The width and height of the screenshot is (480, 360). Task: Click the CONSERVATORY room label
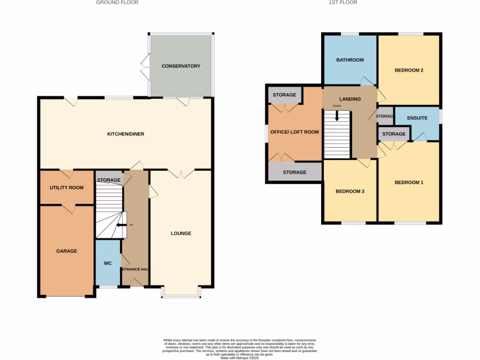point(181,66)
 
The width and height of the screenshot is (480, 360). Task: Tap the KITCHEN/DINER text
point(126,134)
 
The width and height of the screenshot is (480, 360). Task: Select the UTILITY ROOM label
point(67,188)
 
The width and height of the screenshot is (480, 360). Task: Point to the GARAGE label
point(67,251)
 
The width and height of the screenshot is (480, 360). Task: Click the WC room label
point(108,263)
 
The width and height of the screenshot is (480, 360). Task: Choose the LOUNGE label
point(181,233)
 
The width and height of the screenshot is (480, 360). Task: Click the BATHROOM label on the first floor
point(350,60)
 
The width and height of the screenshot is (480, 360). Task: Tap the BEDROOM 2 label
point(409,70)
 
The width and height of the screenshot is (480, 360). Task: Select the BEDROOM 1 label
point(409,182)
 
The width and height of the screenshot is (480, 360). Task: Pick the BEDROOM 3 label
point(350,192)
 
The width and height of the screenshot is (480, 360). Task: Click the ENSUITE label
point(417,118)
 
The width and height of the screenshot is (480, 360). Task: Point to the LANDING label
point(350,99)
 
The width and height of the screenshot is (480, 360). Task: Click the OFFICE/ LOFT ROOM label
point(295,132)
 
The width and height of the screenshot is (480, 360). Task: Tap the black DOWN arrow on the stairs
point(337,116)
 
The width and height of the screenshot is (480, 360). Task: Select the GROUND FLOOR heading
point(117,2)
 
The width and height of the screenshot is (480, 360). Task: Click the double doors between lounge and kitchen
point(181,173)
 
